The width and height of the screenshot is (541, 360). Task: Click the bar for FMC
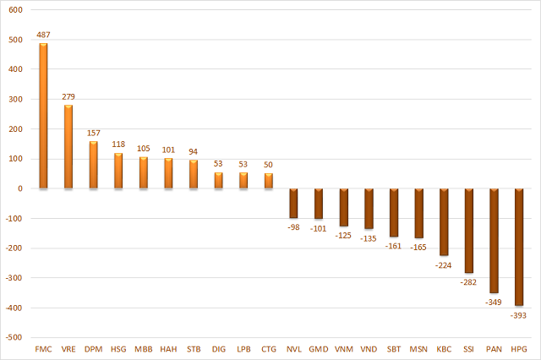[x=44, y=116]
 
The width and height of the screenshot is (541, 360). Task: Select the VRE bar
[x=68, y=147]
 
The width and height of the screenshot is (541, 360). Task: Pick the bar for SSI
[x=468, y=231]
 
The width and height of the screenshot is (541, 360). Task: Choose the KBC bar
[x=444, y=221]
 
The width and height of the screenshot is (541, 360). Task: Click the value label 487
[x=44, y=35]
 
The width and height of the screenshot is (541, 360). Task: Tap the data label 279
[x=68, y=97]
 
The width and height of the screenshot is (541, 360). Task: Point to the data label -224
[x=444, y=265]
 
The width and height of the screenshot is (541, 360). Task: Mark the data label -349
[x=493, y=302]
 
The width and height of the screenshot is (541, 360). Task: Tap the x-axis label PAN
[x=493, y=349]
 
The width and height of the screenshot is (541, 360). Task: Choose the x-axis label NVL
[x=293, y=349]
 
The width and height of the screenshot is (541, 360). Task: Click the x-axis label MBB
[x=144, y=349]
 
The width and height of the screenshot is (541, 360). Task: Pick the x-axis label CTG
[x=268, y=349]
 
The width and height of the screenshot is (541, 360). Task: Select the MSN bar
[x=418, y=213]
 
